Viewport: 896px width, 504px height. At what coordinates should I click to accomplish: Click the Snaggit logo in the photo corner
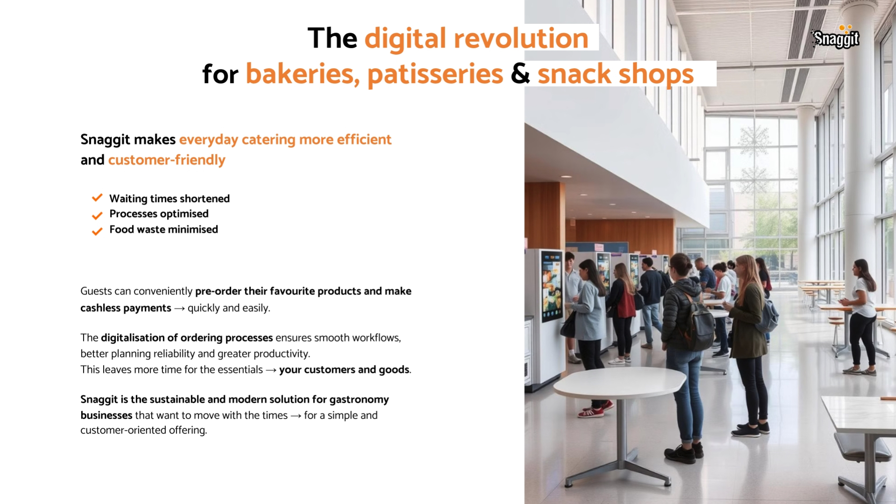(836, 37)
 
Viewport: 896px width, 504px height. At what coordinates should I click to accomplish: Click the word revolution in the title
(521, 38)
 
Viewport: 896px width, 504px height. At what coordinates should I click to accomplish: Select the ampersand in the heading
(520, 74)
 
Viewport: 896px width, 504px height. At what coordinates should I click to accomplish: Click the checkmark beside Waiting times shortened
(97, 198)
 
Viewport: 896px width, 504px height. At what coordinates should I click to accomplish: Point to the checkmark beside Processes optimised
(97, 215)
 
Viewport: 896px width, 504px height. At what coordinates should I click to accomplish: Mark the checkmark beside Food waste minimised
(97, 231)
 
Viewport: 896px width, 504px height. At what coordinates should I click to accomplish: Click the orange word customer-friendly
(167, 160)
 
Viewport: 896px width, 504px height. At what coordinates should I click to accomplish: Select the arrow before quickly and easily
(179, 308)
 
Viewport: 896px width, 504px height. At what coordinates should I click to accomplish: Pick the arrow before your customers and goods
(271, 370)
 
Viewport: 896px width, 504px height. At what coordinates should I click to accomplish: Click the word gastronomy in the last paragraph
(359, 400)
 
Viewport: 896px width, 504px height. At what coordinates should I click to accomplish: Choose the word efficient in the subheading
(364, 140)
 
